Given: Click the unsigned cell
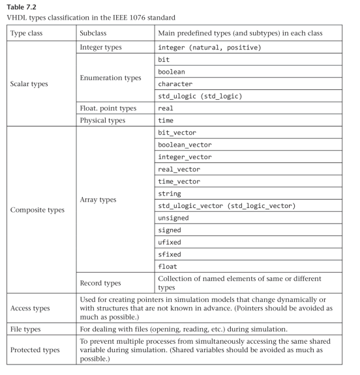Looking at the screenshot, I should tap(175, 217).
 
